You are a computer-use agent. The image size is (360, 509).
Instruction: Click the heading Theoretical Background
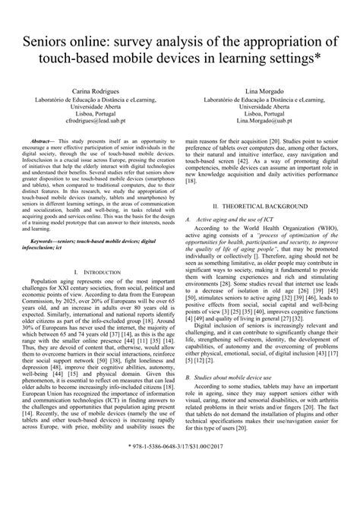point(271,207)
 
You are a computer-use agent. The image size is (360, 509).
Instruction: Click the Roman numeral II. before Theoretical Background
point(216,207)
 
